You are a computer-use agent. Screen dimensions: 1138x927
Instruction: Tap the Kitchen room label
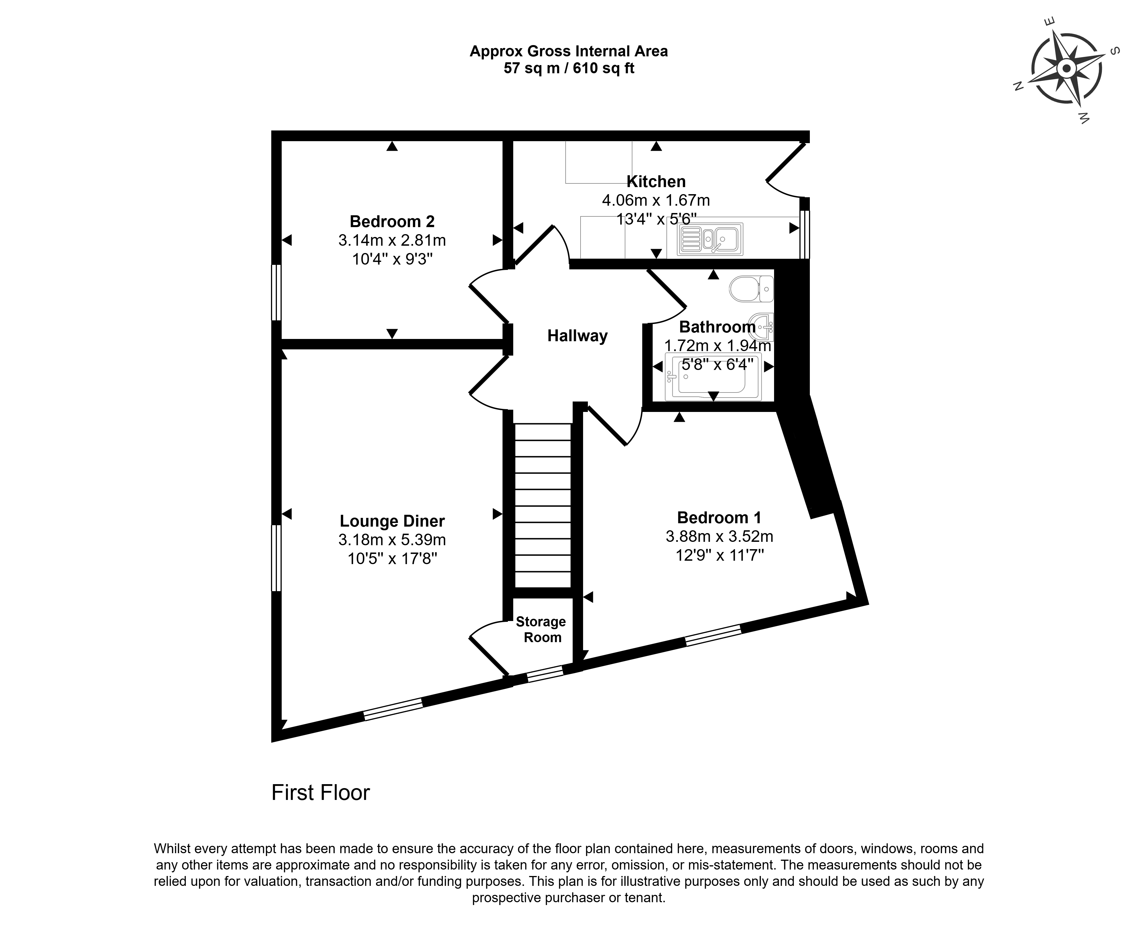[x=656, y=181]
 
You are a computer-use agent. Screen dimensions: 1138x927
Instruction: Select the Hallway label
[x=577, y=336]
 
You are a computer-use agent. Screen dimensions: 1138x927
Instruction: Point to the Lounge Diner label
[x=392, y=521]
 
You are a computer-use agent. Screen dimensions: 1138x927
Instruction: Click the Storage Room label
[x=541, y=629]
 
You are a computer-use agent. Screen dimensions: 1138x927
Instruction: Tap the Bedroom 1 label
[x=719, y=517]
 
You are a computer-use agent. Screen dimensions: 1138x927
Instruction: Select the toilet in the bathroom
[x=751, y=289]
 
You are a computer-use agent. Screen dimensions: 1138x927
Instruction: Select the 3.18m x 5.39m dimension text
[x=392, y=540]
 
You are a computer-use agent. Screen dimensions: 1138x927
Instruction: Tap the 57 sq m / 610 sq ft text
[x=569, y=68]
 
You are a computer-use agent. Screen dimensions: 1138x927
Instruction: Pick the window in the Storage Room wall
[x=545, y=673]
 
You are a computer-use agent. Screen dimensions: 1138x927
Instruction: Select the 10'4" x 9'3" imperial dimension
[x=392, y=260]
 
